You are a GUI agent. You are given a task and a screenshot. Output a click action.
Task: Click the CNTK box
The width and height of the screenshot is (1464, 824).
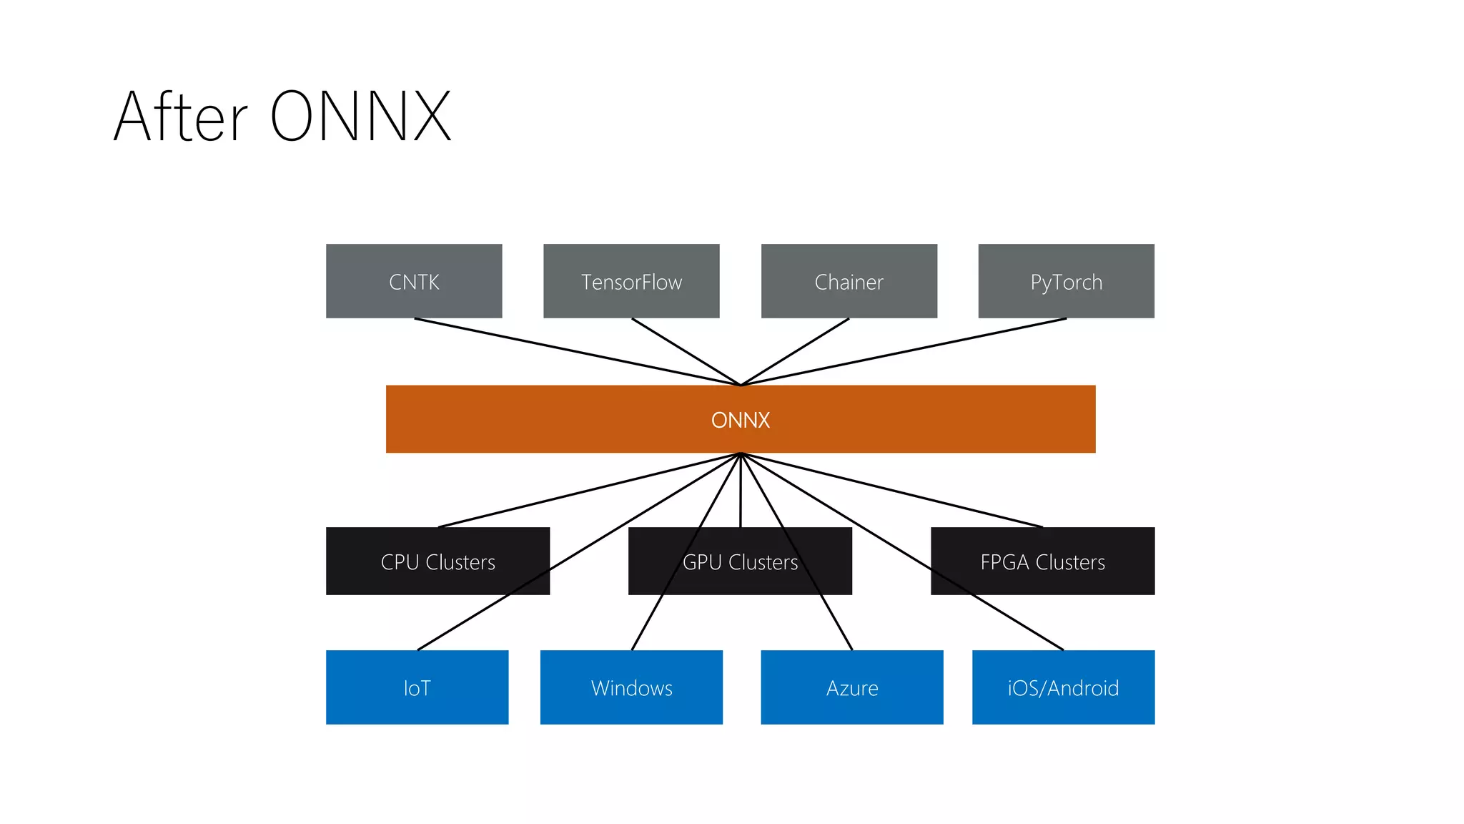(414, 281)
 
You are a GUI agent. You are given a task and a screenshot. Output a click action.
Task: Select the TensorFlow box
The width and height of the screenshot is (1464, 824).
(631, 281)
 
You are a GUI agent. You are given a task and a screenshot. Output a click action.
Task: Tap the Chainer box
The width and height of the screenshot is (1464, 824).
(849, 281)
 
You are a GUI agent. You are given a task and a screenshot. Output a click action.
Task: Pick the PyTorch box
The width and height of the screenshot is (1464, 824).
(1066, 281)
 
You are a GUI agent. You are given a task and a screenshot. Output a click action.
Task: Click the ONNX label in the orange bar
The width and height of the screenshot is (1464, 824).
(741, 420)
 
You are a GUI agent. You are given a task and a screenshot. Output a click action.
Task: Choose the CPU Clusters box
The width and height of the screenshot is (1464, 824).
(437, 561)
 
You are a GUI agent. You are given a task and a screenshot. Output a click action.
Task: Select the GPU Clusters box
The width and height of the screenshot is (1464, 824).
(740, 561)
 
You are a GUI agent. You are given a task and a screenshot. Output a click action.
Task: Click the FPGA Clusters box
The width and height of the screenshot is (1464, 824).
(1042, 561)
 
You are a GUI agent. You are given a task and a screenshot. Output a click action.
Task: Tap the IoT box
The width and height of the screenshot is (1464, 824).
(417, 687)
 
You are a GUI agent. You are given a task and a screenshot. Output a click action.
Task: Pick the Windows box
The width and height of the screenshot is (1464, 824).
(631, 687)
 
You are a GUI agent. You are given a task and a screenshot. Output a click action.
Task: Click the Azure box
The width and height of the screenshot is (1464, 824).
(851, 687)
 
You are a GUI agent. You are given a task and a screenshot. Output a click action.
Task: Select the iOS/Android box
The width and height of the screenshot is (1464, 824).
(1063, 687)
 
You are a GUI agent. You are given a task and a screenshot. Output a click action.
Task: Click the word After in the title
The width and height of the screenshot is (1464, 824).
(180, 117)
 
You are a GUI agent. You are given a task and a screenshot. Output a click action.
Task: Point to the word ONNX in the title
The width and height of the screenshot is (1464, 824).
(361, 117)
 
